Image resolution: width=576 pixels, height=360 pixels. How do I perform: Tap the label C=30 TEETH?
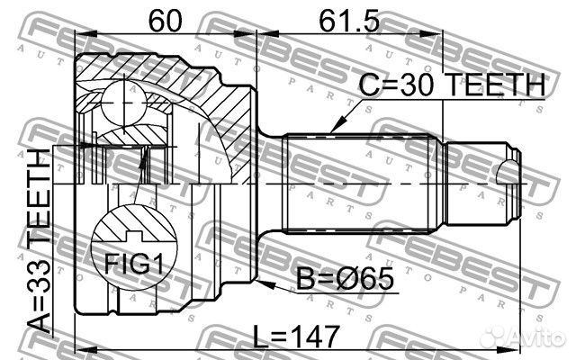(x=452, y=85)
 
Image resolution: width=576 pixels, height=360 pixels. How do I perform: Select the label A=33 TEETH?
(x=39, y=240)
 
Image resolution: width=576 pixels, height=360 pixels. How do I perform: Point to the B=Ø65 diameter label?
(x=345, y=278)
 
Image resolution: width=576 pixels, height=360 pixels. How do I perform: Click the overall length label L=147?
(x=296, y=337)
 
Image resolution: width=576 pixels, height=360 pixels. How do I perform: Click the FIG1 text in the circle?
(x=134, y=264)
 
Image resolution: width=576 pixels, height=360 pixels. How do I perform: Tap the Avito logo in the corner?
(x=523, y=337)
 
